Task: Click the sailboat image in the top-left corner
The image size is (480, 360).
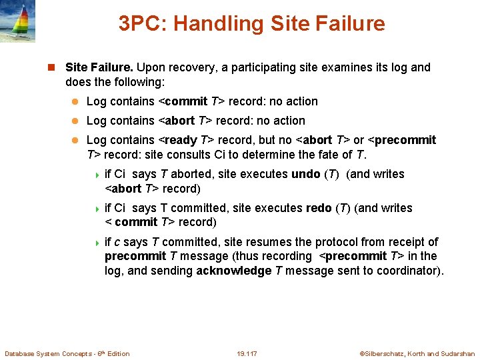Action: tap(18, 21)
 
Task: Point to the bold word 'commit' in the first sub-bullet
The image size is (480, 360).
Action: tap(185, 101)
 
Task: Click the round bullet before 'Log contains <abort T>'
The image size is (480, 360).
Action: tap(75, 121)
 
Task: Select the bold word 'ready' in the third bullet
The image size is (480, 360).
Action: tap(179, 140)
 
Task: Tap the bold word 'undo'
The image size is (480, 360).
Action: tap(307, 174)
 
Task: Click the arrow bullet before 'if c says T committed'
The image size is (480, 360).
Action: tap(97, 243)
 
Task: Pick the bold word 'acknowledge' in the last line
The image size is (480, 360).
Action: tap(234, 271)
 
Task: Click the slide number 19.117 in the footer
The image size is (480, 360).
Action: tap(247, 353)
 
